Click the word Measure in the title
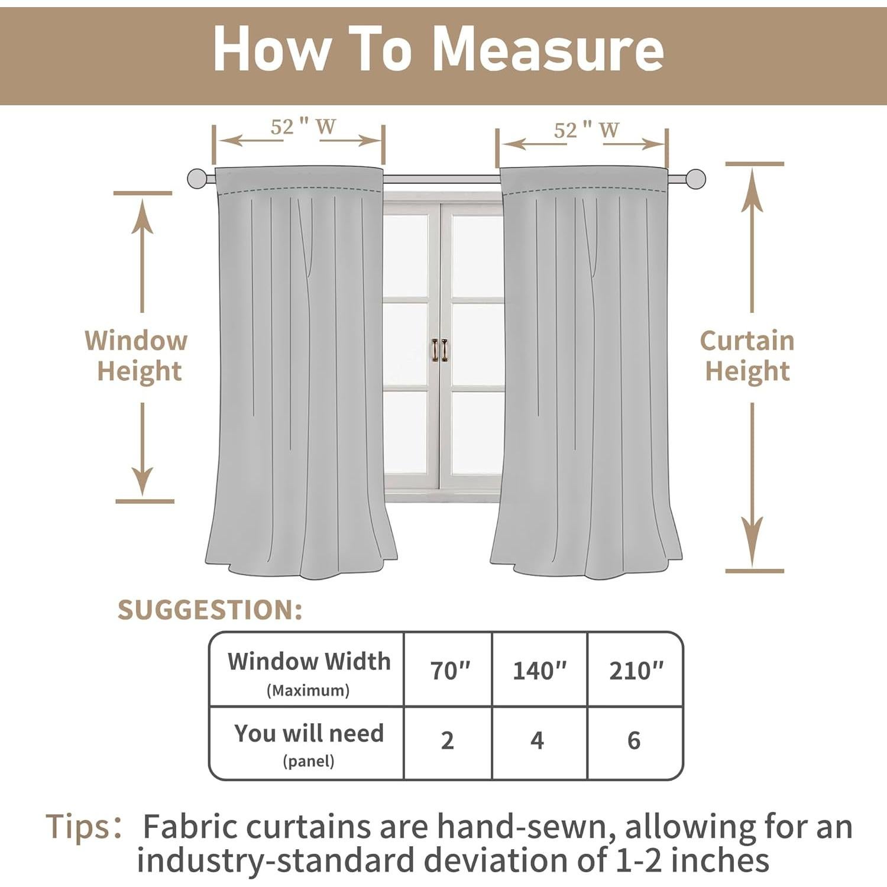[x=548, y=50]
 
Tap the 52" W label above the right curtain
[x=586, y=130]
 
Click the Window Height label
[x=137, y=356]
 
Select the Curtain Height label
[x=747, y=356]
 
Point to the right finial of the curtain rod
[x=695, y=179]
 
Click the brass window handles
[x=439, y=350]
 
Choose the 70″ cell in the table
[x=449, y=671]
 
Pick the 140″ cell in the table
[x=539, y=671]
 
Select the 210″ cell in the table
[x=636, y=671]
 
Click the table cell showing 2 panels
[x=448, y=741]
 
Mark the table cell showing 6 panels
[x=634, y=741]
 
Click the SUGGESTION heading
[x=210, y=610]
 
